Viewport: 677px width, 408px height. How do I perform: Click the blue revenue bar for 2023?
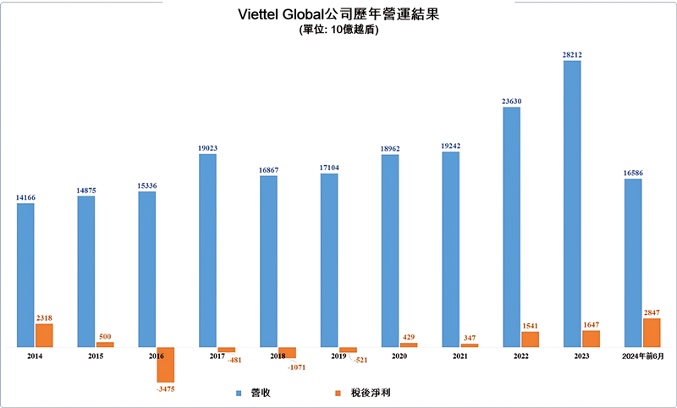(572, 203)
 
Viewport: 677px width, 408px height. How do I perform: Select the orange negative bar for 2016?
(165, 364)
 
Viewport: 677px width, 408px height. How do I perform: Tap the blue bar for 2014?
(25, 275)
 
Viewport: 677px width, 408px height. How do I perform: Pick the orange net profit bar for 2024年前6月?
(652, 333)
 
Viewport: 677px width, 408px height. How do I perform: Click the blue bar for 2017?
(208, 250)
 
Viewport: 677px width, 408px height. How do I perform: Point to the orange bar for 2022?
(530, 339)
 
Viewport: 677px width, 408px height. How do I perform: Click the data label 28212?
(572, 55)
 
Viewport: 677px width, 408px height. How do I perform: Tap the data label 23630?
(511, 102)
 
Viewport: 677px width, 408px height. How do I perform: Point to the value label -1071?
(295, 367)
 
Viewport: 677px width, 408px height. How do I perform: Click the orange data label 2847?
(652, 313)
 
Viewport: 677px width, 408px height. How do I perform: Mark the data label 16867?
(268, 169)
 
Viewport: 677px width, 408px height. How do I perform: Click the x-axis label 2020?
(399, 357)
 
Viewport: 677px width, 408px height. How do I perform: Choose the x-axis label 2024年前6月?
(643, 357)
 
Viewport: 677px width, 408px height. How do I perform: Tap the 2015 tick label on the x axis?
(96, 357)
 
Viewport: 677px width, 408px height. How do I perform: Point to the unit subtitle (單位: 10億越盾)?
(338, 30)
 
